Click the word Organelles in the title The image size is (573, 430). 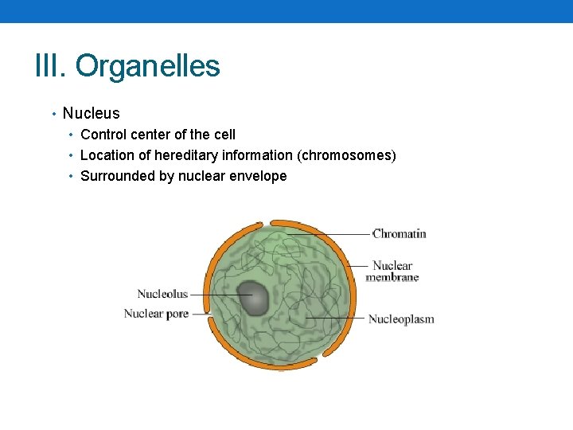coord(148,66)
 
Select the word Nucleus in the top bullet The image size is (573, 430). coord(91,114)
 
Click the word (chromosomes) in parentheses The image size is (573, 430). coord(346,155)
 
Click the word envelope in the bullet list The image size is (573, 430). coord(258,176)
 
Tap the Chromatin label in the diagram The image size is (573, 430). coord(400,233)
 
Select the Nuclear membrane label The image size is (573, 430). coord(392,272)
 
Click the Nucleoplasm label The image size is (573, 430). coord(401,319)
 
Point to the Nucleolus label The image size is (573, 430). coord(162,294)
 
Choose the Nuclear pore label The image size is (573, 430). coord(156,314)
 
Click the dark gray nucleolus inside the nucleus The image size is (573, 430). coord(252,298)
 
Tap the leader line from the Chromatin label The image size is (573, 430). coord(334,233)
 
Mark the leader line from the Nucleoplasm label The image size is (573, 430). coord(334,319)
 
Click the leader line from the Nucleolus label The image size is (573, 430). coord(211,295)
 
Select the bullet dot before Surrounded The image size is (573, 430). coord(72,177)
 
